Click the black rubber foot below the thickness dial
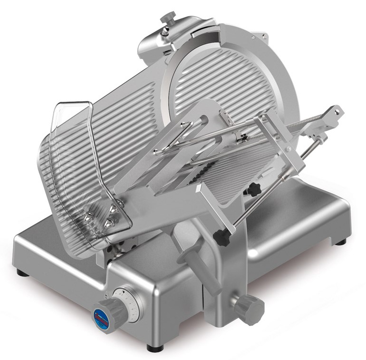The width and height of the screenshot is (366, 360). click(152, 348)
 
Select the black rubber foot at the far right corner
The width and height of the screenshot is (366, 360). click(340, 242)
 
